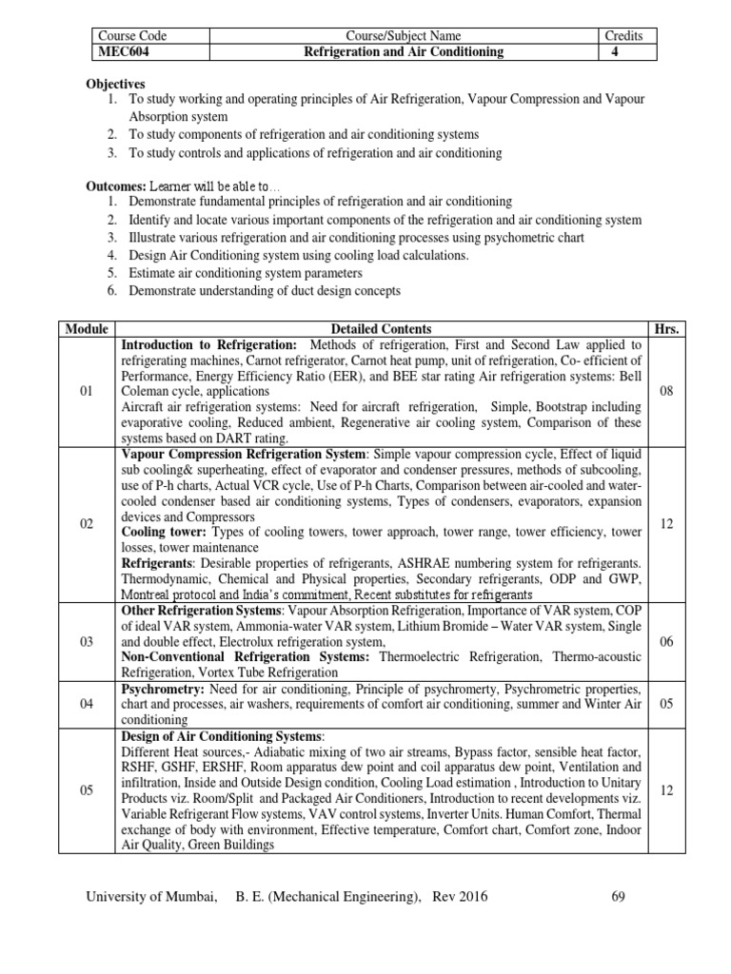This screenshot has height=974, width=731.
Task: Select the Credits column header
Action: [x=623, y=36]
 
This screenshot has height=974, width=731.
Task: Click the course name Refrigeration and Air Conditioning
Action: [x=403, y=52]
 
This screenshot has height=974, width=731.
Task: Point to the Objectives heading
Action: [x=116, y=84]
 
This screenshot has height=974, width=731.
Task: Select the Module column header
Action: [x=87, y=329]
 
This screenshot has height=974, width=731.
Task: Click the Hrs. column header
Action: [x=666, y=329]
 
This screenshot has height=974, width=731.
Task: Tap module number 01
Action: [x=87, y=391]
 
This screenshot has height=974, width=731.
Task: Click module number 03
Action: [x=87, y=642]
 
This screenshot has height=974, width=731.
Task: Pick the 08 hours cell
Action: [x=666, y=391]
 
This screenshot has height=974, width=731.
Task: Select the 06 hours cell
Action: [x=666, y=642]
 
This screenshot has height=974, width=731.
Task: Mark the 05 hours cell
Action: [x=666, y=704]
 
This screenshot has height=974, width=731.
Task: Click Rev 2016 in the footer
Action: [x=463, y=896]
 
